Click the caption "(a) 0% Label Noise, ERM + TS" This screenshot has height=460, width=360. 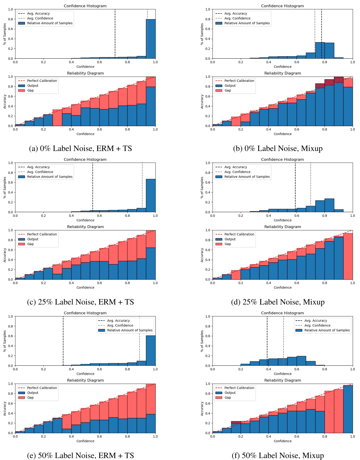coord(80,149)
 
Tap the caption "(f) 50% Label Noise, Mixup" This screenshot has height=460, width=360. coord(278,456)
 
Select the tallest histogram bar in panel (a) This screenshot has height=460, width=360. coord(151,39)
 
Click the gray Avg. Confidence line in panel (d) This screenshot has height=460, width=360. coord(311,188)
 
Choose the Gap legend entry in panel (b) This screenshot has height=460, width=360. coord(227,90)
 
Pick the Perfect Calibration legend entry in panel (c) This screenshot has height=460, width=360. coord(42,234)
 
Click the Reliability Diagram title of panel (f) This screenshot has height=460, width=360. coord(283,380)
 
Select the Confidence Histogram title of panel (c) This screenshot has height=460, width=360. coord(85,160)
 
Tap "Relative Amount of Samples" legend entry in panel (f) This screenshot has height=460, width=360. coord(327,330)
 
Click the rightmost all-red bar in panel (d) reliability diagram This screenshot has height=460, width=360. coord(348,256)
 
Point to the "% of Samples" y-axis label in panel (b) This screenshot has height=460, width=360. coord(202,34)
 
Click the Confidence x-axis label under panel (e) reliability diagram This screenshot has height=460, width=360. coord(85,441)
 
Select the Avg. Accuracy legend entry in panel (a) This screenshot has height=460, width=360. coord(38,14)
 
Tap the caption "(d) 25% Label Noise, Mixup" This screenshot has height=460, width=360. coord(278,302)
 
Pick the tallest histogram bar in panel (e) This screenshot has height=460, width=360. coord(151,351)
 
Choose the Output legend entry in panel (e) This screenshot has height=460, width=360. coord(33,393)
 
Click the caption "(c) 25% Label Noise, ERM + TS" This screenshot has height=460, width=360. coord(80,302)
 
